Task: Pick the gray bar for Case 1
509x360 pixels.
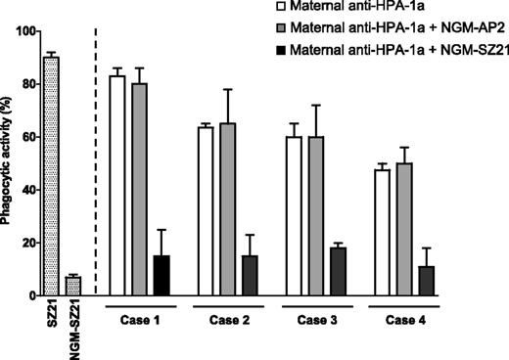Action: pyautogui.click(x=139, y=190)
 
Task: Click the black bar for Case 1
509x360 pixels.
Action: pyautogui.click(x=162, y=276)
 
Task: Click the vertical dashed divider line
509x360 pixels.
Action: pyautogui.click(x=96, y=157)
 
